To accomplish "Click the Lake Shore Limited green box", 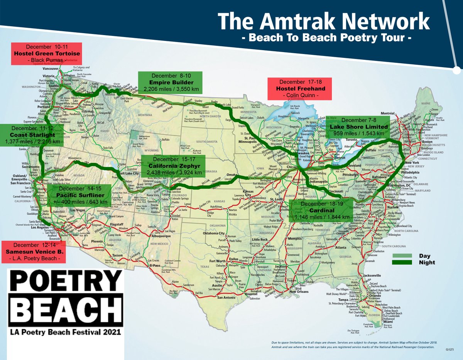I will point(358,127).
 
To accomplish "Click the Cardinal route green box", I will point(321,211).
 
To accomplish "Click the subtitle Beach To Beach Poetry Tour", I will point(324,38).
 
